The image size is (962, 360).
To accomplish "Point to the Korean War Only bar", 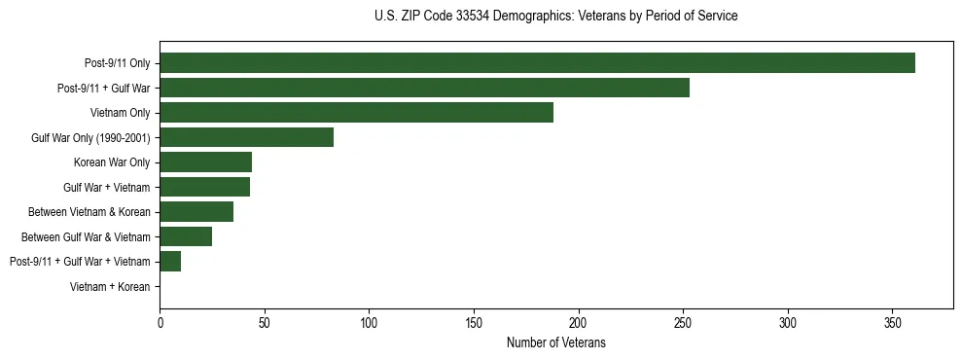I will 205,162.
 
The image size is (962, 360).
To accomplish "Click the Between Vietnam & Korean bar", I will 196,212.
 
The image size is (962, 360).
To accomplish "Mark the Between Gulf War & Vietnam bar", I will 186,236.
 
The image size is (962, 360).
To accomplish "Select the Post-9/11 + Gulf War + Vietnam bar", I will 170,262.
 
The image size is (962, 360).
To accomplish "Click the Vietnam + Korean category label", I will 110,287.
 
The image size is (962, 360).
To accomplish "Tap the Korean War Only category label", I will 112,162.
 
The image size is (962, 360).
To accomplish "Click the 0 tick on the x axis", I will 160,321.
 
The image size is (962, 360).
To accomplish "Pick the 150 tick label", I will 474,321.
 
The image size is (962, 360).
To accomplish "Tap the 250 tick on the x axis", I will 683,321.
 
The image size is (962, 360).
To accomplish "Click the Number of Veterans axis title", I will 555,342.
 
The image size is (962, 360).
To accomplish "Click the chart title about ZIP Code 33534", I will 555,17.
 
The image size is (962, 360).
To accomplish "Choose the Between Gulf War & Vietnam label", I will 86,237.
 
